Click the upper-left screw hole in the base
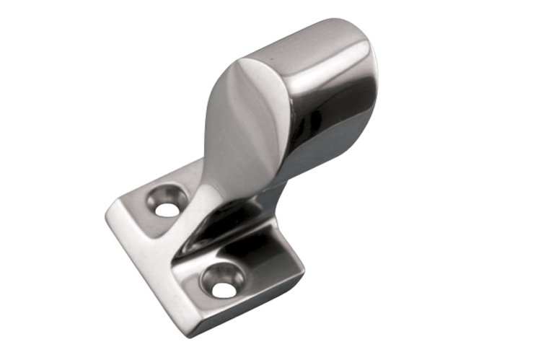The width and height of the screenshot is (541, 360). [167, 209]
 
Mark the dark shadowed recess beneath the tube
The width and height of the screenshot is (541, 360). [238, 216]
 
